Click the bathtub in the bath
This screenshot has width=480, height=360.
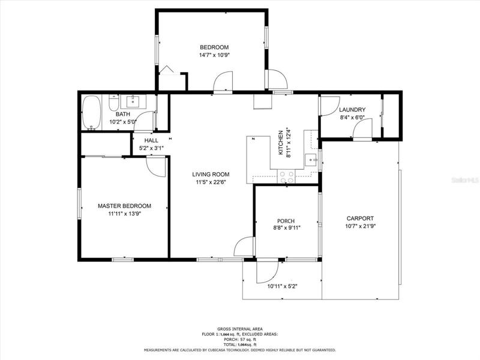coord(91,113)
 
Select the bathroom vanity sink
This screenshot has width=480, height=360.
coord(133,101)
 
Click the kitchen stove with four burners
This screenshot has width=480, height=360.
coord(286,176)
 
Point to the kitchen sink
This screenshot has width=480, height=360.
coord(312,160)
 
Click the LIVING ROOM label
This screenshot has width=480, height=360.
coord(211,175)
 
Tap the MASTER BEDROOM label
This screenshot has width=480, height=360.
coord(124,206)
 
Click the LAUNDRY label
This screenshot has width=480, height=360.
coord(352,110)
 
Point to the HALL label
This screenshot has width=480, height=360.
coord(151,140)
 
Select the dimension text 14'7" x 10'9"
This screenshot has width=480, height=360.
coord(214,55)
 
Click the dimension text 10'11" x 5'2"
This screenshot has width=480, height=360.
coord(283,287)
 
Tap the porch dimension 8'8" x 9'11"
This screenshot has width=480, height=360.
coord(286,228)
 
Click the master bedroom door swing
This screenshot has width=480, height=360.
coord(155,167)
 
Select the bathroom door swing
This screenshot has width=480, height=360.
coord(143,121)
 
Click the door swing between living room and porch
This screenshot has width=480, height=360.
coord(244,247)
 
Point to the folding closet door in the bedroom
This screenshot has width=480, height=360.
coord(167,70)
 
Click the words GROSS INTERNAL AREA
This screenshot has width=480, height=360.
coord(239,329)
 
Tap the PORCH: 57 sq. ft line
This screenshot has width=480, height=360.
coord(239,340)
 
